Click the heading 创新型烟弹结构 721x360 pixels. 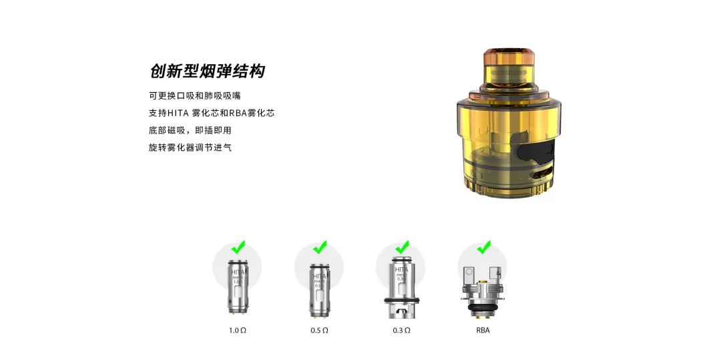[x=207, y=71]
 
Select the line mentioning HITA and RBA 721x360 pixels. [x=211, y=113]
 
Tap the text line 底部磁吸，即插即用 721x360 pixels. [x=190, y=130]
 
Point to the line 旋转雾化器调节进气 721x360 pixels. [x=190, y=148]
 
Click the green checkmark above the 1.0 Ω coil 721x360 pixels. [x=238, y=247]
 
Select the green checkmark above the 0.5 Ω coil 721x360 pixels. [x=320, y=247]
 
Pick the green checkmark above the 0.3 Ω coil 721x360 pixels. [x=402, y=247]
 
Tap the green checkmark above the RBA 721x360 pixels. [x=483, y=247]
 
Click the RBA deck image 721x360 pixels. [x=483, y=291]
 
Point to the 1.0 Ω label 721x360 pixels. [x=238, y=330]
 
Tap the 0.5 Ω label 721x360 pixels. [x=319, y=330]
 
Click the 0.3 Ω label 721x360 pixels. [x=401, y=330]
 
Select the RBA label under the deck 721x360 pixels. [x=483, y=330]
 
